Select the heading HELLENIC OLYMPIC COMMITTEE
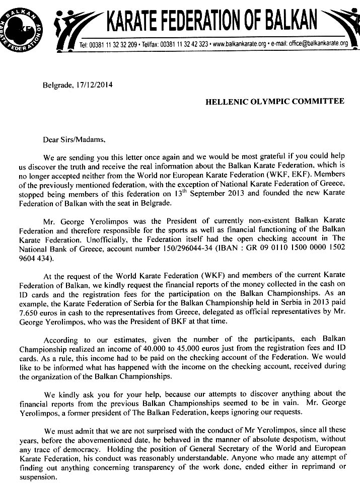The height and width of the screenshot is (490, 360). (x=275, y=101)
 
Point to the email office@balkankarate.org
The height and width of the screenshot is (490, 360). (x=317, y=44)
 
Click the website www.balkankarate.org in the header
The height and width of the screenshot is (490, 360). (x=239, y=44)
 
